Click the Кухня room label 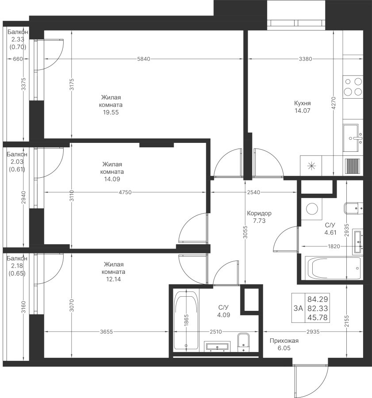[302, 103]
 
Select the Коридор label [260, 213]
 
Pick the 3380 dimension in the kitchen [306, 59]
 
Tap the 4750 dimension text [127, 192]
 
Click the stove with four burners [353, 87]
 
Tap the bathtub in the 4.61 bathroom [334, 267]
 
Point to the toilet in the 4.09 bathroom [244, 343]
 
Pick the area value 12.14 [112, 279]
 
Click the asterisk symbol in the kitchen [311, 166]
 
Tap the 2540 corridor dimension [254, 192]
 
